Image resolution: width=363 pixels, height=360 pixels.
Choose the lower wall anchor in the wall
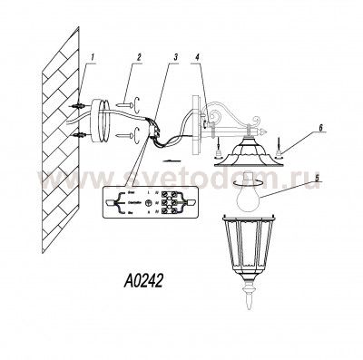tap(80, 136)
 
